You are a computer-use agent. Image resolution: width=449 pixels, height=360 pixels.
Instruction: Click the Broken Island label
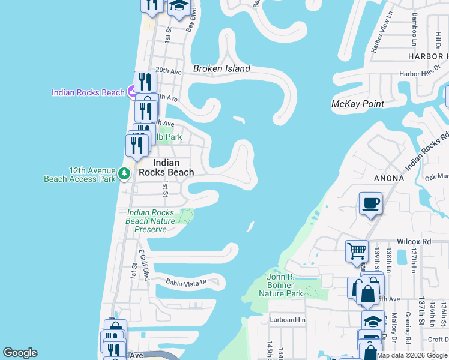tap(221, 68)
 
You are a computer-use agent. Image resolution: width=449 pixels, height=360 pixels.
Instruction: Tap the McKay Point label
tap(358, 104)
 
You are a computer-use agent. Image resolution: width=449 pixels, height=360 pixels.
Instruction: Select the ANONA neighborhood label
tap(388, 178)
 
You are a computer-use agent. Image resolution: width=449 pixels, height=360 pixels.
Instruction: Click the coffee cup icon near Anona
tap(370, 203)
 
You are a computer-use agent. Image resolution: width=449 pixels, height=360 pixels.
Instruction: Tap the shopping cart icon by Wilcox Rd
tap(357, 250)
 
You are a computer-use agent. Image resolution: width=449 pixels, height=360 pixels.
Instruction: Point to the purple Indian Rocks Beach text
tap(88, 92)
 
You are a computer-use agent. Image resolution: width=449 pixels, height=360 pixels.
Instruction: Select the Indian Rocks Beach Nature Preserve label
tap(151, 221)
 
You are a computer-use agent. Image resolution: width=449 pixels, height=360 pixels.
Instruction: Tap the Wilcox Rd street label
tap(418, 241)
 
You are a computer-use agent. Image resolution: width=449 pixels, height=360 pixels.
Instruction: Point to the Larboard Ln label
tap(288, 320)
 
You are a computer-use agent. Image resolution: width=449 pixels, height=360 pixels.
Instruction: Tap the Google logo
tap(20, 353)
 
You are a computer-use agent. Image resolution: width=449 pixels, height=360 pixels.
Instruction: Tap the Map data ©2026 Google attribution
tap(412, 355)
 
